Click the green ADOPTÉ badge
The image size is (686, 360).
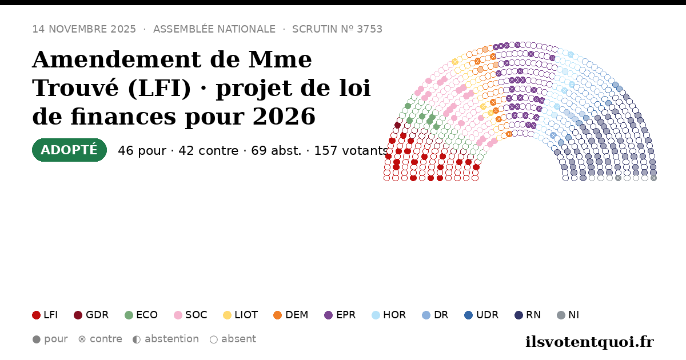tap(69, 150)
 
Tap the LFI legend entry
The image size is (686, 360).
tap(45, 315)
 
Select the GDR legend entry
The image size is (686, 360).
tap(91, 315)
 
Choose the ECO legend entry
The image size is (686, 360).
tap(141, 315)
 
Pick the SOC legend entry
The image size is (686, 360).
tap(190, 315)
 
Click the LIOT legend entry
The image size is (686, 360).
tap(241, 315)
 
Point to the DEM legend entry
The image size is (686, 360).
tap(290, 315)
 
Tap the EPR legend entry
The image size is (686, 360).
tap(340, 315)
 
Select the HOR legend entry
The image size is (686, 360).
tap(389, 315)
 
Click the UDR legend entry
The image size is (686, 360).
tap(481, 315)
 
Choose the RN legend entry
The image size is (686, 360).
tap(528, 315)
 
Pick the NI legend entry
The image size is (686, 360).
tap(568, 315)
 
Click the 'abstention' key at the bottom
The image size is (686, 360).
tap(166, 339)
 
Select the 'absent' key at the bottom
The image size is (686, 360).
tap(233, 339)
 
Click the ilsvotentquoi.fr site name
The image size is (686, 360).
tap(589, 342)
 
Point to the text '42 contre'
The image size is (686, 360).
tap(208, 151)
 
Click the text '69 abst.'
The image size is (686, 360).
tap(276, 151)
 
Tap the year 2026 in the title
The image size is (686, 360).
tap(284, 117)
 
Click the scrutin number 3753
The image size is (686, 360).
tap(369, 29)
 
